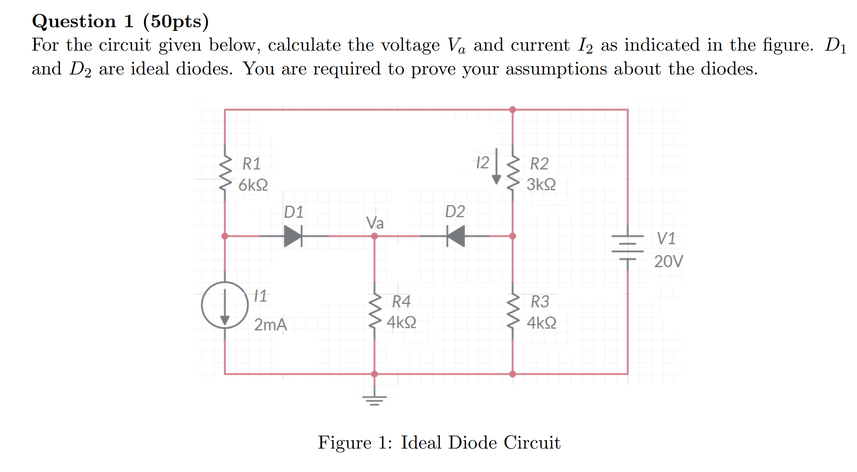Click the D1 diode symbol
tap(293, 236)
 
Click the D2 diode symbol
tap(456, 236)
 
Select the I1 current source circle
tap(225, 305)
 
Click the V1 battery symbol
tap(627, 247)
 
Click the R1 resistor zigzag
tap(225, 173)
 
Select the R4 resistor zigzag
tap(374, 311)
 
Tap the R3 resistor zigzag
tap(513, 311)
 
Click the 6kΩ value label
tap(253, 185)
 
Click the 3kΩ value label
tap(541, 185)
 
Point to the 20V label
tap(669, 262)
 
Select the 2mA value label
tap(271, 325)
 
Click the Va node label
tap(374, 223)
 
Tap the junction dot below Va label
tap(374, 236)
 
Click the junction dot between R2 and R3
tap(513, 236)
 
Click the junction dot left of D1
tap(225, 236)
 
